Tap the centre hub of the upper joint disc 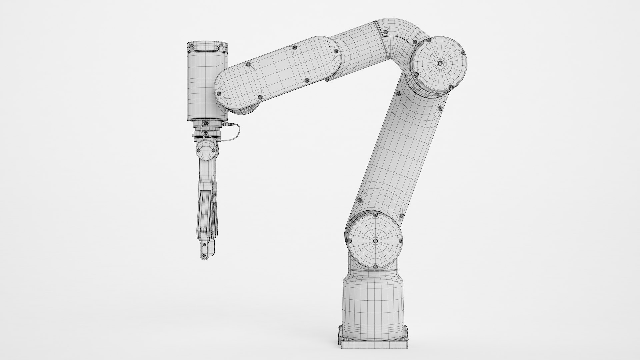coord(440,63)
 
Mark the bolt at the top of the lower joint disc coord(376,215)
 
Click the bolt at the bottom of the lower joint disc coord(375,267)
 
